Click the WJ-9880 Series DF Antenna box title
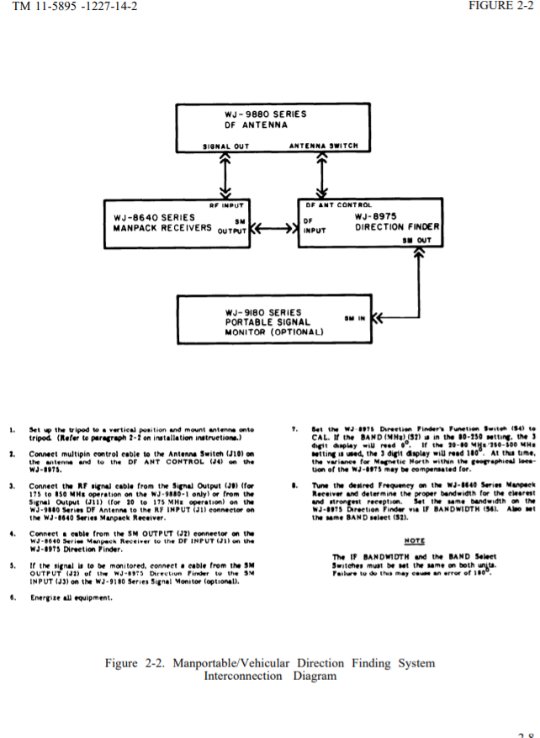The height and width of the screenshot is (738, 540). tap(265, 119)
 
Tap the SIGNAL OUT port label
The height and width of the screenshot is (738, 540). tap(226, 146)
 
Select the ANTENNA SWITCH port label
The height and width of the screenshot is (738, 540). tap(324, 146)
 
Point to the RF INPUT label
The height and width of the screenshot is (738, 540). tap(226, 204)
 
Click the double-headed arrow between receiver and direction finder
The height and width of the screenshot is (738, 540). tap(274, 227)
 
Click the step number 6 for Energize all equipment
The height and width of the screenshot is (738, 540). tap(13, 597)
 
